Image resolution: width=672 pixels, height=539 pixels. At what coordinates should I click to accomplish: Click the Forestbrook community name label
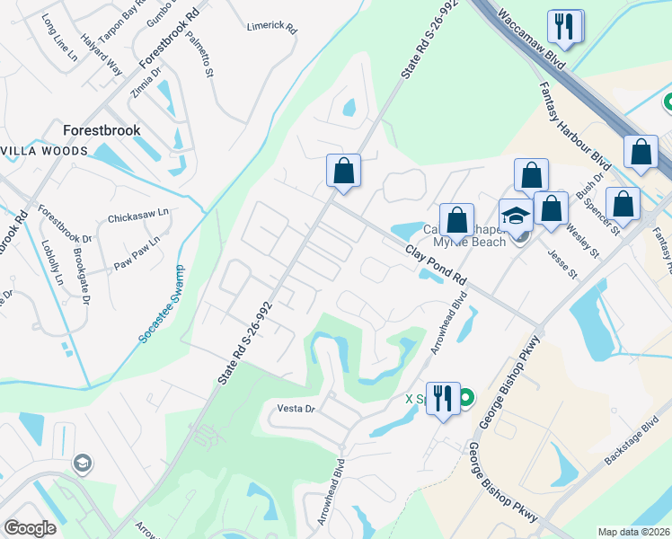[x=102, y=130]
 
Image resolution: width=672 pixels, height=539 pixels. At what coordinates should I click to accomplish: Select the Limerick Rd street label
[x=271, y=27]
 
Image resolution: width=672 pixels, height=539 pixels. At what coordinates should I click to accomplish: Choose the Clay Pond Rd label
[x=437, y=267]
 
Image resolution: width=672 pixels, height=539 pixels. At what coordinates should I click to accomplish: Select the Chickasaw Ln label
[x=138, y=216]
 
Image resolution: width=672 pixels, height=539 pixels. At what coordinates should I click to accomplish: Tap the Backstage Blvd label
[x=632, y=442]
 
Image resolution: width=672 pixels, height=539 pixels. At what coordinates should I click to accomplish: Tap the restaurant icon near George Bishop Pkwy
[x=442, y=398]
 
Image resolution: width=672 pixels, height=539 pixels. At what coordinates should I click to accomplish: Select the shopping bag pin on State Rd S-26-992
[x=343, y=170]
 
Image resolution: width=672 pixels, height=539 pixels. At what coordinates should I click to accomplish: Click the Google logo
[x=30, y=528]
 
